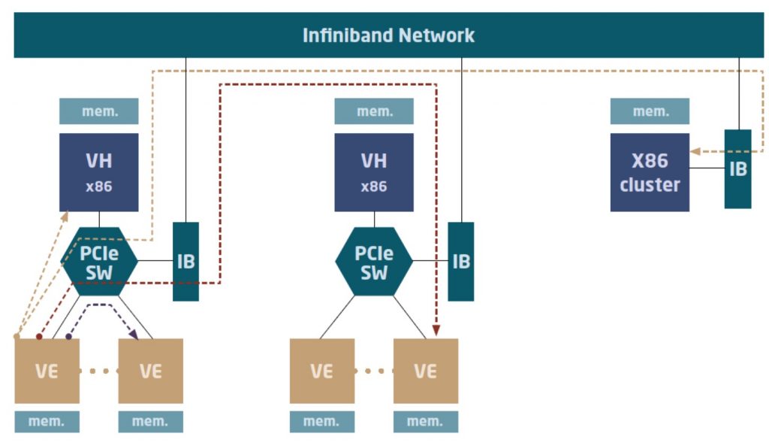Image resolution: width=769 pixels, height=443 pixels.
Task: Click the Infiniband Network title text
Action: [x=388, y=35]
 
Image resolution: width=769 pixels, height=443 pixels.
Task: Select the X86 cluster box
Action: [x=650, y=172]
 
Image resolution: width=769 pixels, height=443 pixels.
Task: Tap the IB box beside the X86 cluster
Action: [x=738, y=169]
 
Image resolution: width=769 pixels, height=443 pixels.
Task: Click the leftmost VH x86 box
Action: [x=99, y=172]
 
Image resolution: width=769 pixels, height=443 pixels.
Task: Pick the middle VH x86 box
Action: [x=374, y=172]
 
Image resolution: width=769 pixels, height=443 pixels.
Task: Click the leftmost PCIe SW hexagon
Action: [x=99, y=261]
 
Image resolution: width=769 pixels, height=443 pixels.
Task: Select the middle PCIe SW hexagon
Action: [x=374, y=261]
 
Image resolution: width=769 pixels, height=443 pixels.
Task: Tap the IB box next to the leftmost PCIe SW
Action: [x=186, y=261]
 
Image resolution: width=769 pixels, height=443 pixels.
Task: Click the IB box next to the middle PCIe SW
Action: [x=461, y=261]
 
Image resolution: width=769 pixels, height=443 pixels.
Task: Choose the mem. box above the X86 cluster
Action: [x=650, y=111]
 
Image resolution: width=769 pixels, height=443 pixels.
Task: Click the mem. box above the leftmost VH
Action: [x=99, y=111]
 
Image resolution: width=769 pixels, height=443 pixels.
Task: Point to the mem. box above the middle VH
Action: [x=374, y=111]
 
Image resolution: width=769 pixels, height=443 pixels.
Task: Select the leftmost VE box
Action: [x=47, y=371]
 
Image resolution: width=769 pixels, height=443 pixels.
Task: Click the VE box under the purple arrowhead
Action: [x=150, y=371]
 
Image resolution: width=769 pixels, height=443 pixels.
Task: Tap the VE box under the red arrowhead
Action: [x=426, y=371]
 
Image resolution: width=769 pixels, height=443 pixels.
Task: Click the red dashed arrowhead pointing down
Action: [x=436, y=330]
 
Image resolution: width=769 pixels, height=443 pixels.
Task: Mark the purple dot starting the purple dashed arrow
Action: [x=68, y=336]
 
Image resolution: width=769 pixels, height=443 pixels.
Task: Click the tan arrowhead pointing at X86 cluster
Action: [x=695, y=151]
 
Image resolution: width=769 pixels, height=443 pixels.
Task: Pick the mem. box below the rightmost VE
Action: [x=426, y=422]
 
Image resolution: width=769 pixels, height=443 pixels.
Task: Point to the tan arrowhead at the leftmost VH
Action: [x=65, y=217]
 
